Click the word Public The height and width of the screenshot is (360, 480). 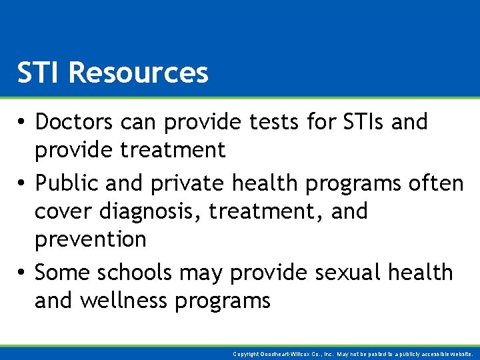65,183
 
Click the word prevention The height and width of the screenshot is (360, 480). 90,239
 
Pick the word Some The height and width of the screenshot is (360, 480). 63,272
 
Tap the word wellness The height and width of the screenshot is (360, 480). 125,301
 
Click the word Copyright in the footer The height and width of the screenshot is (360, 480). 245,354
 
